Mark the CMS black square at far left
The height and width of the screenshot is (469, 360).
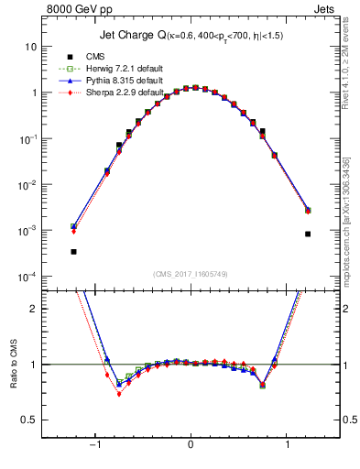73,251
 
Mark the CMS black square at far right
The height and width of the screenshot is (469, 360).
308,234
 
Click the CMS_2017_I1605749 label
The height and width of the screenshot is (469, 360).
191,275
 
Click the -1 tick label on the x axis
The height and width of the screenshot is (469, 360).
93,444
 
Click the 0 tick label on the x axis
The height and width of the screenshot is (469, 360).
191,444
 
